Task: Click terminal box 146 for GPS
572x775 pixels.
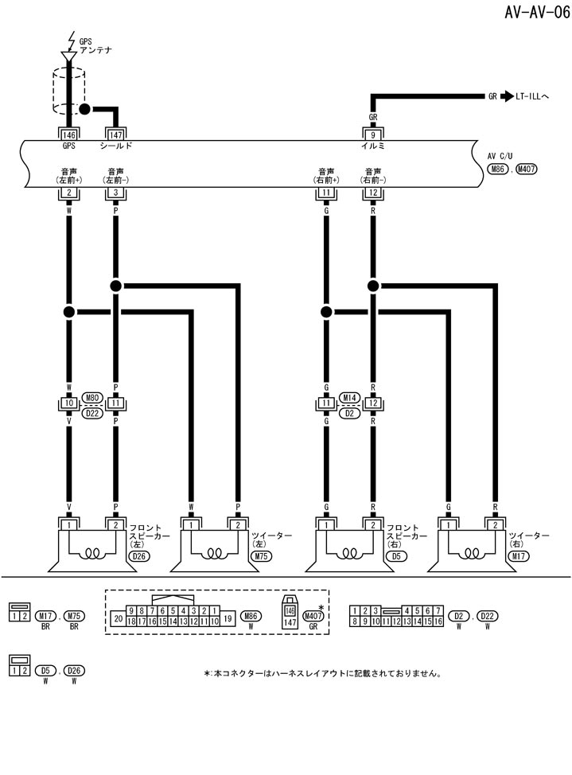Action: [69, 134]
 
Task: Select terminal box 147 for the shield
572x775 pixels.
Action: [116, 134]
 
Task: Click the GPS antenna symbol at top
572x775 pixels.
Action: [69, 55]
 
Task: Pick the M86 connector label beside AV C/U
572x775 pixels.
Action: [499, 169]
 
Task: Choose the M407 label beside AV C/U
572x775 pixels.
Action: [527, 169]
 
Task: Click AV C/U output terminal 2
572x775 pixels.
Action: [69, 193]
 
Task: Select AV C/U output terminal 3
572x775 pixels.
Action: [116, 193]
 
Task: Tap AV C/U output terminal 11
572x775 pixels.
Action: [325, 193]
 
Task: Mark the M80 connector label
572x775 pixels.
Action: [92, 397]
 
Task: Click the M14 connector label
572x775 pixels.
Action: [348, 397]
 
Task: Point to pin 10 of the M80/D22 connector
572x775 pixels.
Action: [69, 404]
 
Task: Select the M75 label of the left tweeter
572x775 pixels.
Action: [259, 556]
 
